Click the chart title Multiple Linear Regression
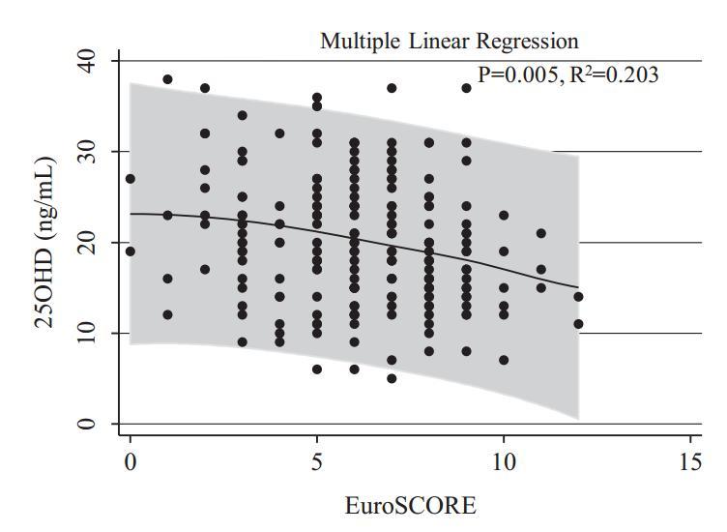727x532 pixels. coord(449,42)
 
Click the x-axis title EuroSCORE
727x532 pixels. coord(411,505)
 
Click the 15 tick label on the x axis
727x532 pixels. coord(689,463)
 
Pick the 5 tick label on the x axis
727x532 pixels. coord(317,463)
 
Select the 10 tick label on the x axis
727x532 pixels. coord(503,463)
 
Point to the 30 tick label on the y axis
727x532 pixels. coord(87,151)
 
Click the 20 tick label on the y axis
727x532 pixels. coord(87,242)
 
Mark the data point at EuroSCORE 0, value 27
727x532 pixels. coord(131,179)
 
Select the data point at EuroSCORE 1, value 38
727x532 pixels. coord(167,79)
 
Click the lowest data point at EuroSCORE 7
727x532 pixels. coord(392,378)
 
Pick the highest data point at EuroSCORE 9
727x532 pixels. coord(466,88)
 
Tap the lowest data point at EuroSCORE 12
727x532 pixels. coord(578,324)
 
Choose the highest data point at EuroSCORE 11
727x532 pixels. coord(540,233)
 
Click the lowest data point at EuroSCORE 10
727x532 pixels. coord(504,360)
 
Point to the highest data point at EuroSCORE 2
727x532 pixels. coord(205,88)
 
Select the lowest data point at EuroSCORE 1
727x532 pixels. coord(167,314)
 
